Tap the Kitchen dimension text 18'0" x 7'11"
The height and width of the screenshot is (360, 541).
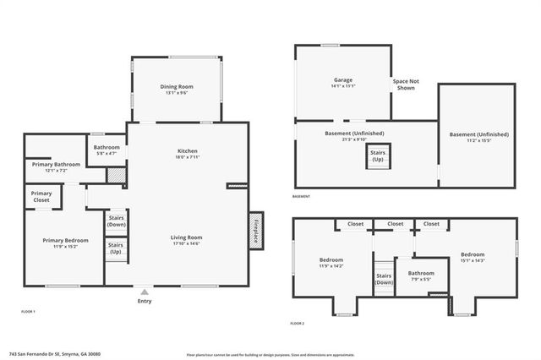(x=188, y=157)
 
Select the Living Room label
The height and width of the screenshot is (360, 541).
(x=188, y=237)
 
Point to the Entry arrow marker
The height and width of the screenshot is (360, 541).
(x=143, y=289)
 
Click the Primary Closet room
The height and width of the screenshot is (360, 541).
(x=41, y=197)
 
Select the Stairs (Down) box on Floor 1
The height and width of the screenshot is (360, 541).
(x=116, y=221)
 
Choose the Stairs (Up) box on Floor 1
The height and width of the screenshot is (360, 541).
(x=116, y=249)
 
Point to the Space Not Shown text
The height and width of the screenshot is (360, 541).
(x=406, y=85)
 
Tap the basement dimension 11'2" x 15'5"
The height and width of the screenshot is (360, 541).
(x=478, y=140)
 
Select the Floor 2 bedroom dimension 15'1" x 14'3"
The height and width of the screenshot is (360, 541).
(x=473, y=261)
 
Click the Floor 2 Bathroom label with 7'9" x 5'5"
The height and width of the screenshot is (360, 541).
(x=420, y=274)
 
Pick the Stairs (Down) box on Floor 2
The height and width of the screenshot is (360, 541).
(x=385, y=279)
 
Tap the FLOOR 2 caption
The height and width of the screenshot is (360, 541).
(x=297, y=324)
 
